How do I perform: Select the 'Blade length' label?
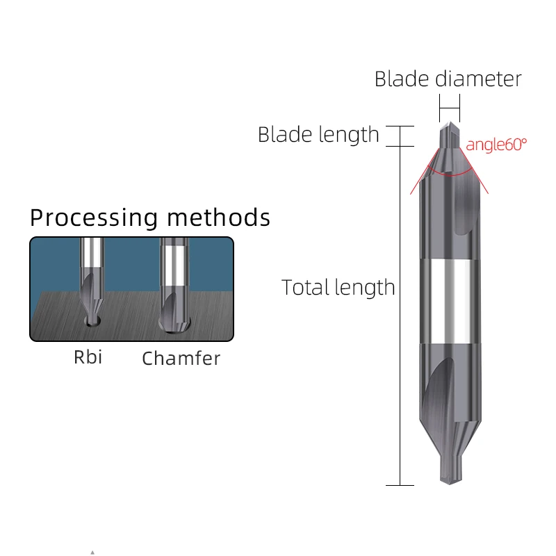pyautogui.click(x=318, y=134)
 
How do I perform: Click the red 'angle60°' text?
pyautogui.click(x=496, y=145)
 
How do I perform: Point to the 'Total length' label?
pyautogui.click(x=338, y=287)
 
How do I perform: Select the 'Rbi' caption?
pyautogui.click(x=88, y=357)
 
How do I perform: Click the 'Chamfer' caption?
pyautogui.click(x=181, y=359)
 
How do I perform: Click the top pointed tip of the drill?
pyautogui.click(x=449, y=126)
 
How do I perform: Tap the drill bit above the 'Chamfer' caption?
pyautogui.click(x=172, y=285)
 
